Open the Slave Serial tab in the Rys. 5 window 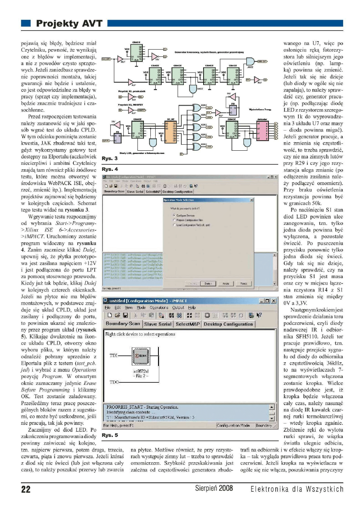coord(158,324)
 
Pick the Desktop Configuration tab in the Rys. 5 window coord(228,324)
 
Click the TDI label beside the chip coord(113,356)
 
